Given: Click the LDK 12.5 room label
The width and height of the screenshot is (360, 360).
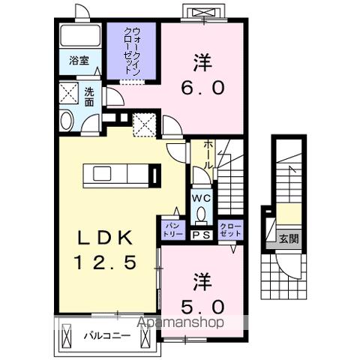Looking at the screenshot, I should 104,251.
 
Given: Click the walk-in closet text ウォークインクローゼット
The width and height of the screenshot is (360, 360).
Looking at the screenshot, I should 132,49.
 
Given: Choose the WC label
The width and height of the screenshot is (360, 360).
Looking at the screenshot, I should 201,198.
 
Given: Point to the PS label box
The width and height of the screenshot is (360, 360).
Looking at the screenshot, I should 201,235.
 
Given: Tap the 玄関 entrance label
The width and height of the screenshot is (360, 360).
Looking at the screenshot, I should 289,239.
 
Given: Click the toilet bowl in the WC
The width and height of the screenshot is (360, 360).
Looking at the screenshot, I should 201,214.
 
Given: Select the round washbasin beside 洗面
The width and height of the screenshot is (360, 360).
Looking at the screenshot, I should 65,119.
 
